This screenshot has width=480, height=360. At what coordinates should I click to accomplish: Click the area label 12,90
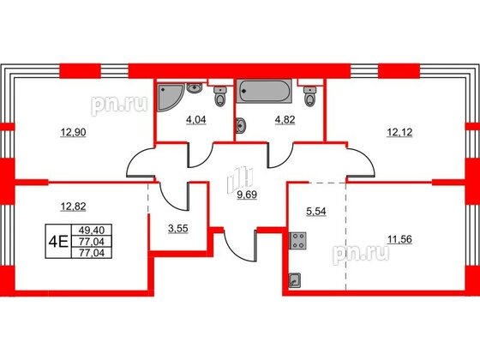[72, 133]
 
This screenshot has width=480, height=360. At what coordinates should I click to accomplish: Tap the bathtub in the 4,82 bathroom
[267, 90]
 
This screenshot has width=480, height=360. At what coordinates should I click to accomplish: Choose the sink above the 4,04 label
[195, 87]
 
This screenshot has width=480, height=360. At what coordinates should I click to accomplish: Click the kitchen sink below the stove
[295, 278]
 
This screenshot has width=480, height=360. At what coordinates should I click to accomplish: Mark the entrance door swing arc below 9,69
[243, 244]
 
